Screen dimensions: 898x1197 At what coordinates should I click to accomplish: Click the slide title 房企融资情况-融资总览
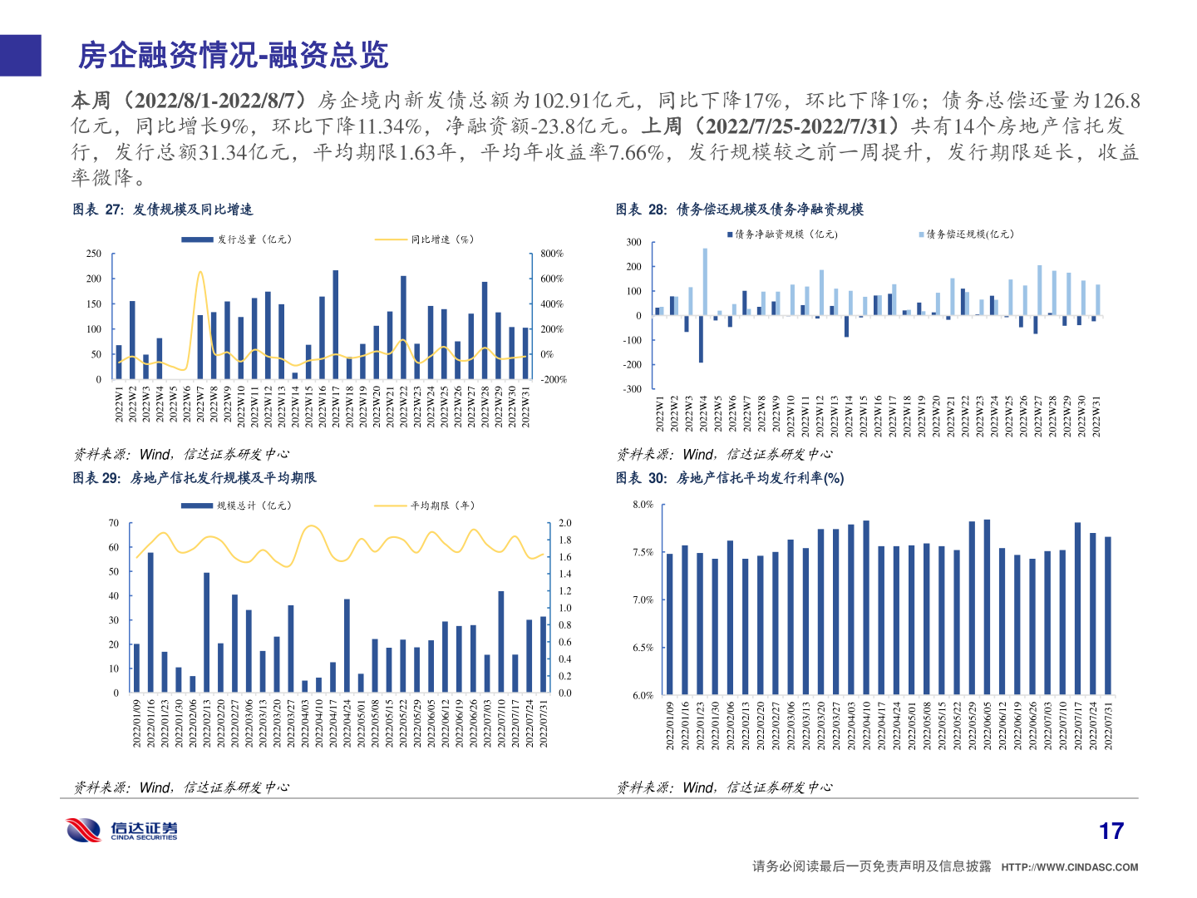coord(233,56)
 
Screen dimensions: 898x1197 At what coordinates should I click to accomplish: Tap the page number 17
coord(1111,831)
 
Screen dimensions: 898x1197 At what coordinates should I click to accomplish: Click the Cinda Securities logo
coord(122,830)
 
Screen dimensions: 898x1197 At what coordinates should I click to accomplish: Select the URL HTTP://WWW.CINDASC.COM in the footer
coord(1069,867)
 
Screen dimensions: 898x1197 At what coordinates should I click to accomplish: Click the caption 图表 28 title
coord(739,210)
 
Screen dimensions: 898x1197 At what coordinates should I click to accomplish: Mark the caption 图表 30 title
coord(729,478)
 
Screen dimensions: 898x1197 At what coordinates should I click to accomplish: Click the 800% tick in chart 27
coord(551,254)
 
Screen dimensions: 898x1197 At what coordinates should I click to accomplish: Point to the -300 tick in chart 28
coord(633,389)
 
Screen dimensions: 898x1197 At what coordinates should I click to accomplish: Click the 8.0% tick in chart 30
coord(643,505)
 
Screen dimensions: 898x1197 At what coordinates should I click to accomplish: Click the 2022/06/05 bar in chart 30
coord(987,607)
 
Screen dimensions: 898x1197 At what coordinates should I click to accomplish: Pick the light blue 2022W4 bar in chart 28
coord(705,282)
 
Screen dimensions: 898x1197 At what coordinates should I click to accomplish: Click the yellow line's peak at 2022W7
coord(199,271)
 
